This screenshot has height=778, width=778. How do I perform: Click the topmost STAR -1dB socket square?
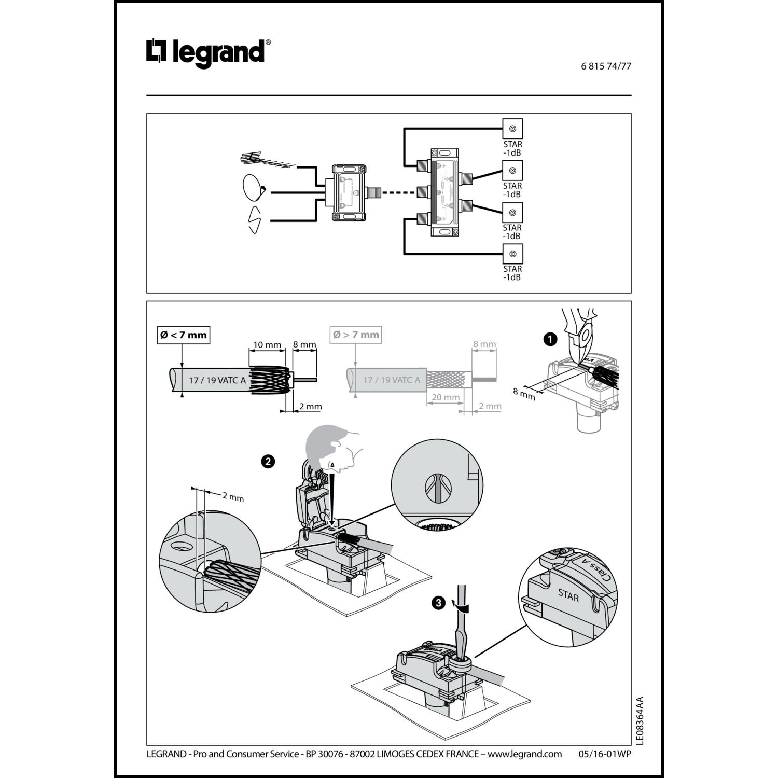[512, 129]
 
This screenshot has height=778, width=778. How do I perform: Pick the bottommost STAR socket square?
[512, 254]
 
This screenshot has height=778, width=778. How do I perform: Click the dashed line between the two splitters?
[398, 193]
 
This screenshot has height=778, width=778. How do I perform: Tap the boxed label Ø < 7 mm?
[183, 335]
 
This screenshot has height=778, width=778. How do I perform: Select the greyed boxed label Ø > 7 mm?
[356, 335]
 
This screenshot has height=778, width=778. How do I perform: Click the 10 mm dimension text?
[267, 345]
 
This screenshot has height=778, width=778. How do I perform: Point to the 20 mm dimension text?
[446, 397]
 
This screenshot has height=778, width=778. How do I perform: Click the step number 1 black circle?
[549, 339]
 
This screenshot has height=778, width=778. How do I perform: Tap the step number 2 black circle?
[268, 461]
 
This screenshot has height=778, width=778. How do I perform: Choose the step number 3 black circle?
[439, 603]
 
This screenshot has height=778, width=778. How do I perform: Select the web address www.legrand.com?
[524, 754]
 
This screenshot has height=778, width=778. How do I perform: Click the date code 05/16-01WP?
[605, 754]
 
